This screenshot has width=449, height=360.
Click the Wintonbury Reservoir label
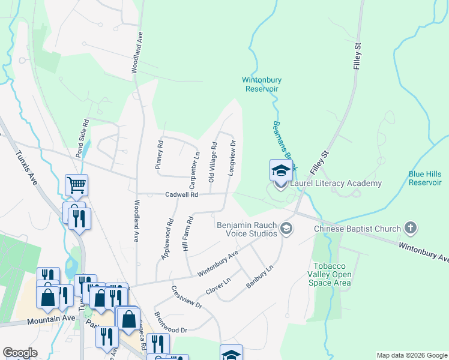pos(262,84)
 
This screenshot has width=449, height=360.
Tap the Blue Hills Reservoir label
pos(425,178)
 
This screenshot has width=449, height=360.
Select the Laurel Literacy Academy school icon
pos(281,170)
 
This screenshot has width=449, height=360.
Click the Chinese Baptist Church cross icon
pos(410,228)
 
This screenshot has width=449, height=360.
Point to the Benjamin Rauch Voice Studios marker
pos(287,228)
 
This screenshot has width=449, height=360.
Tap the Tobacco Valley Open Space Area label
pos(331,274)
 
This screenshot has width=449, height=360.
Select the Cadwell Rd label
pos(182,194)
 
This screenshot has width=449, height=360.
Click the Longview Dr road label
pos(232,158)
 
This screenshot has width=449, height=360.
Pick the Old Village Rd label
pos(212,162)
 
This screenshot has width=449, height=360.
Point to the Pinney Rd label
pos(160,155)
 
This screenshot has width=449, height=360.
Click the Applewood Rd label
pos(167,238)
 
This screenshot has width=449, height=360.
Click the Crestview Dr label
pos(186,297)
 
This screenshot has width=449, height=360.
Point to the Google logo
pos(20,353)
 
